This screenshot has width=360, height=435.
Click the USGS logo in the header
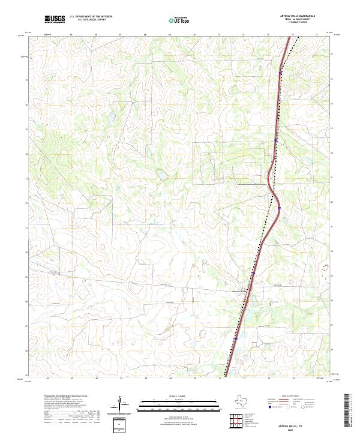pos(55,19)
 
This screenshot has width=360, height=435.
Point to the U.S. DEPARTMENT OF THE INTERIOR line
pos(91,17)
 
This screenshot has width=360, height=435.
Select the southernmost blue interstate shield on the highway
pos(236,338)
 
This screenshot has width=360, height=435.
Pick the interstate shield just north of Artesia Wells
pos(253,274)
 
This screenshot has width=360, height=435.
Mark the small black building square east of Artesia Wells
pos(270,304)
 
